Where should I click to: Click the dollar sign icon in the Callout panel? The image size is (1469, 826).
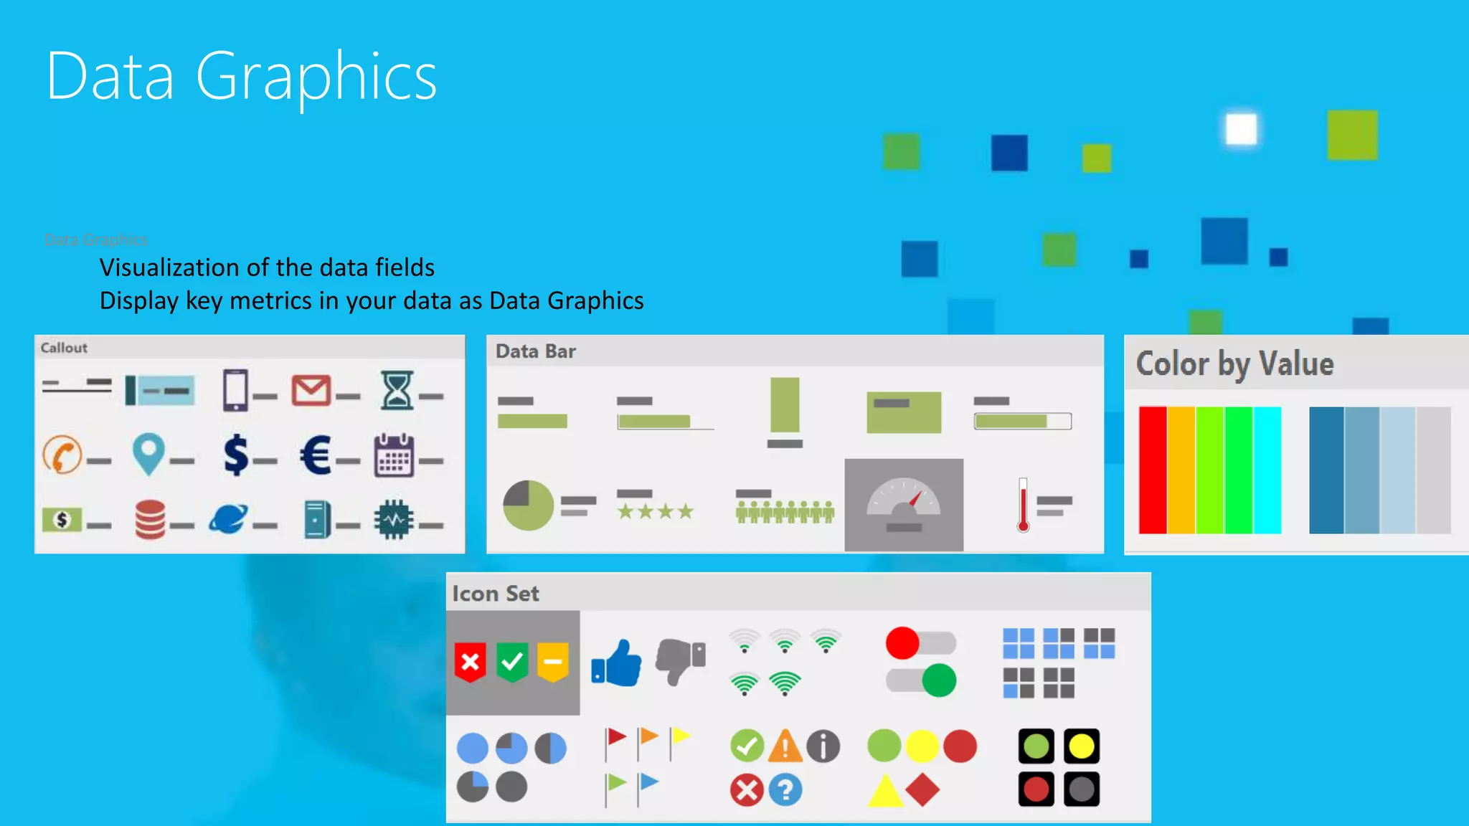click(236, 455)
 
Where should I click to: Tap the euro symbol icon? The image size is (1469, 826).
click(316, 455)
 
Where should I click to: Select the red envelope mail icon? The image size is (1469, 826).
click(311, 391)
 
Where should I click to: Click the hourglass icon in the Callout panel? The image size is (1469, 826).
click(397, 390)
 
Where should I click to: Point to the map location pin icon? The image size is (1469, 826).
click(148, 455)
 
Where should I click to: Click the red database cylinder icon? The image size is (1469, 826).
click(150, 519)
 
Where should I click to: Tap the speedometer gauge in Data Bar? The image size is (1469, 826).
click(904, 504)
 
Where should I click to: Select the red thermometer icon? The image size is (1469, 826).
click(1023, 505)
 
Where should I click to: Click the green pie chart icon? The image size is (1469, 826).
click(528, 505)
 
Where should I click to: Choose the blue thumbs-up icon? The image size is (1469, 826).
click(617, 663)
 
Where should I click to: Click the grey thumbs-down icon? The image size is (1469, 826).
click(680, 661)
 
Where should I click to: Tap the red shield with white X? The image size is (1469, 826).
click(471, 661)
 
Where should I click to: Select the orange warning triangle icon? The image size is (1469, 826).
click(785, 746)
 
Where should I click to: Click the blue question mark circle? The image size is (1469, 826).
click(785, 790)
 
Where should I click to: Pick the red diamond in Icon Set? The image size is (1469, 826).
click(922, 789)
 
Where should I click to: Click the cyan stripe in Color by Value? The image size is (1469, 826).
click(1267, 470)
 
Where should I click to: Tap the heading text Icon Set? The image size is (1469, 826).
click(496, 594)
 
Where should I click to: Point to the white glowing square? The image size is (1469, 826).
click(1241, 130)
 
